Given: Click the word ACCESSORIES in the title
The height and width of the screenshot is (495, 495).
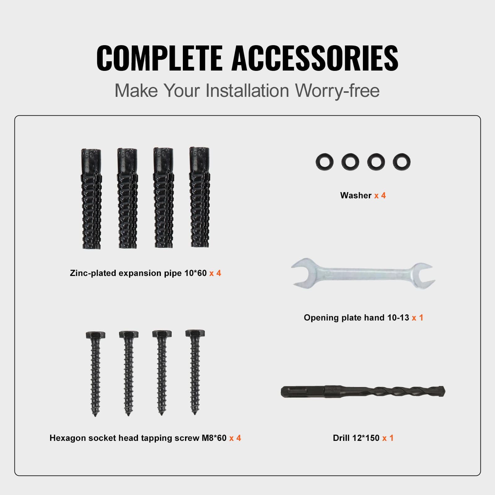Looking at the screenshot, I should click(x=315, y=58).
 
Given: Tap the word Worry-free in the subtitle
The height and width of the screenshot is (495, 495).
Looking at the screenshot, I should click(x=337, y=91).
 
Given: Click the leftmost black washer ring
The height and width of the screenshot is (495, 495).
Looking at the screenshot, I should click(x=325, y=161).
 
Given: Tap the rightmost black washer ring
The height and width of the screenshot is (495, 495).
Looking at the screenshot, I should click(x=402, y=161).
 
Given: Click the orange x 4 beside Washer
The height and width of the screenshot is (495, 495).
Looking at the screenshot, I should click(x=380, y=196).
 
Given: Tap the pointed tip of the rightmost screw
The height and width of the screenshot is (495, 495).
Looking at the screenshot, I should click(x=195, y=413).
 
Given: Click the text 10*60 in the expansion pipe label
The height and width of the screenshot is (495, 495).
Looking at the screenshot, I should click(x=195, y=273).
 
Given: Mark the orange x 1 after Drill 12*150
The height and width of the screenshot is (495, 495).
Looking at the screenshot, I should click(x=388, y=438).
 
